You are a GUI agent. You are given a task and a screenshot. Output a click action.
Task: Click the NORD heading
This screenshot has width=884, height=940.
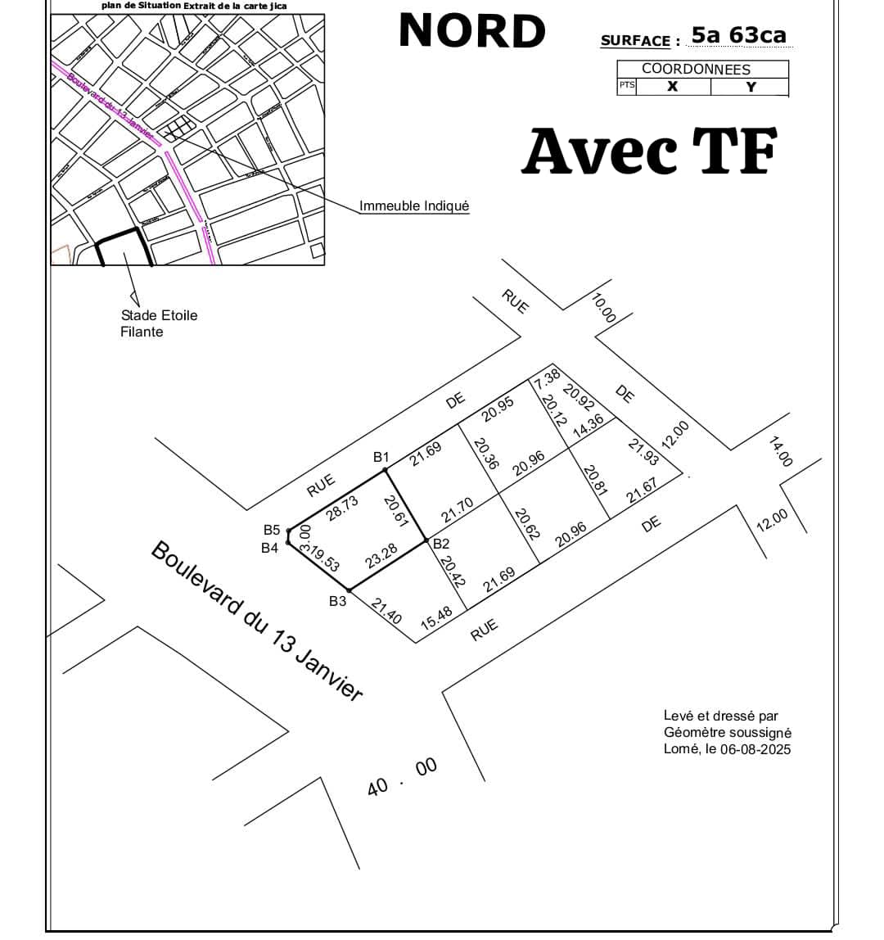point(471,31)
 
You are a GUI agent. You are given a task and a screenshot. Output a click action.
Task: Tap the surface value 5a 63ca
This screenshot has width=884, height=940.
point(738,35)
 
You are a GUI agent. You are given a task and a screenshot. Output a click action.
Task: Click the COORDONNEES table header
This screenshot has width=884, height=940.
point(696,69)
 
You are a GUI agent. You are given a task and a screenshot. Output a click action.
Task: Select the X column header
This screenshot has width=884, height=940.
point(672,87)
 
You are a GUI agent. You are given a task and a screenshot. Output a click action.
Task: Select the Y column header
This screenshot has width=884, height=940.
point(751,87)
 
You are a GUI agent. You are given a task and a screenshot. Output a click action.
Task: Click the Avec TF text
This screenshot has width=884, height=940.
point(648,152)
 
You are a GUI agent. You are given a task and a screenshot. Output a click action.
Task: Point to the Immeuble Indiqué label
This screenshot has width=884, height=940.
point(414,206)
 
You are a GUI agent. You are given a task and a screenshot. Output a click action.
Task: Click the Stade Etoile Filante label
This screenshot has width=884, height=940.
point(159,323)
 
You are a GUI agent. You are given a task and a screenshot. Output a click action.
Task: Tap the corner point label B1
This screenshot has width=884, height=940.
point(381,457)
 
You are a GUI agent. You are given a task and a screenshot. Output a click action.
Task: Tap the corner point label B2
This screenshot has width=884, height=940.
point(441,544)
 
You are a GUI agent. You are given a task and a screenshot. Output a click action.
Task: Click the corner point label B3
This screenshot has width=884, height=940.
point(338,601)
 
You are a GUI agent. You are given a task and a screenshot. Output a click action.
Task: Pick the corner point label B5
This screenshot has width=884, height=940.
point(272,531)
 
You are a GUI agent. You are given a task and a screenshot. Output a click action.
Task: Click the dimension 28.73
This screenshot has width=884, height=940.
point(343,508)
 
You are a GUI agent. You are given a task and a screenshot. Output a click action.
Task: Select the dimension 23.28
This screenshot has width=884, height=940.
point(381,555)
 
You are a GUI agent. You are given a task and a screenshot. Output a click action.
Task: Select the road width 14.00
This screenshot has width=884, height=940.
point(781,451)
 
